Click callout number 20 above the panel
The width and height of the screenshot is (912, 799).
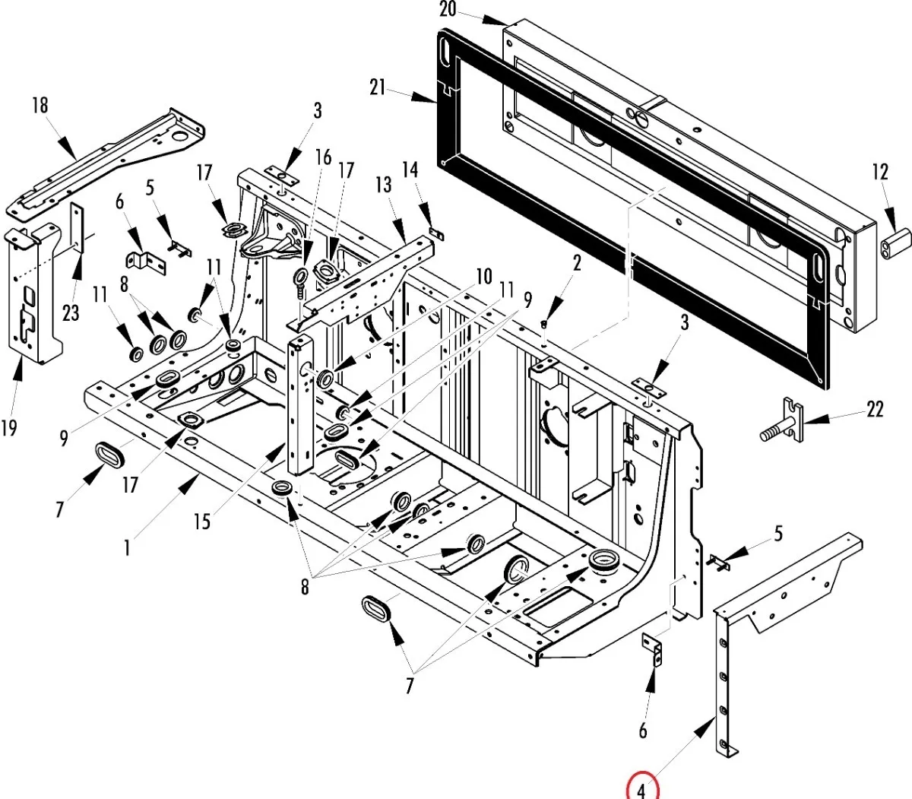pyautogui.click(x=448, y=9)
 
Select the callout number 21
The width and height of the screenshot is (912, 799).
pyautogui.click(x=378, y=87)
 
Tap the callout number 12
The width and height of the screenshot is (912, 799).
pyautogui.click(x=880, y=172)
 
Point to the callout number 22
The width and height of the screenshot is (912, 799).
pyautogui.click(x=875, y=409)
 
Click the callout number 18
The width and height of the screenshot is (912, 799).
pyautogui.click(x=40, y=106)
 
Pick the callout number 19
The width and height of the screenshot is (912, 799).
pyautogui.click(x=9, y=428)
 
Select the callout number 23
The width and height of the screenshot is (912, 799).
pyautogui.click(x=71, y=313)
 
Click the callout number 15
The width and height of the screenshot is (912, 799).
pyautogui.click(x=202, y=521)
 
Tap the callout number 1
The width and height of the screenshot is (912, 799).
pyautogui.click(x=127, y=548)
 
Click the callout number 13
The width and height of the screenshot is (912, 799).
pyautogui.click(x=383, y=185)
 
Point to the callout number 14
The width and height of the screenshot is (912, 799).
pyautogui.click(x=410, y=170)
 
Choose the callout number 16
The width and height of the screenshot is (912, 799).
pyautogui.click(x=324, y=157)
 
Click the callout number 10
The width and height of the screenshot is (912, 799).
pyautogui.click(x=484, y=277)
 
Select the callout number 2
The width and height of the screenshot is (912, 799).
pyautogui.click(x=578, y=264)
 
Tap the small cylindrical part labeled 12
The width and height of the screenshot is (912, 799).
pyautogui.click(x=896, y=243)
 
